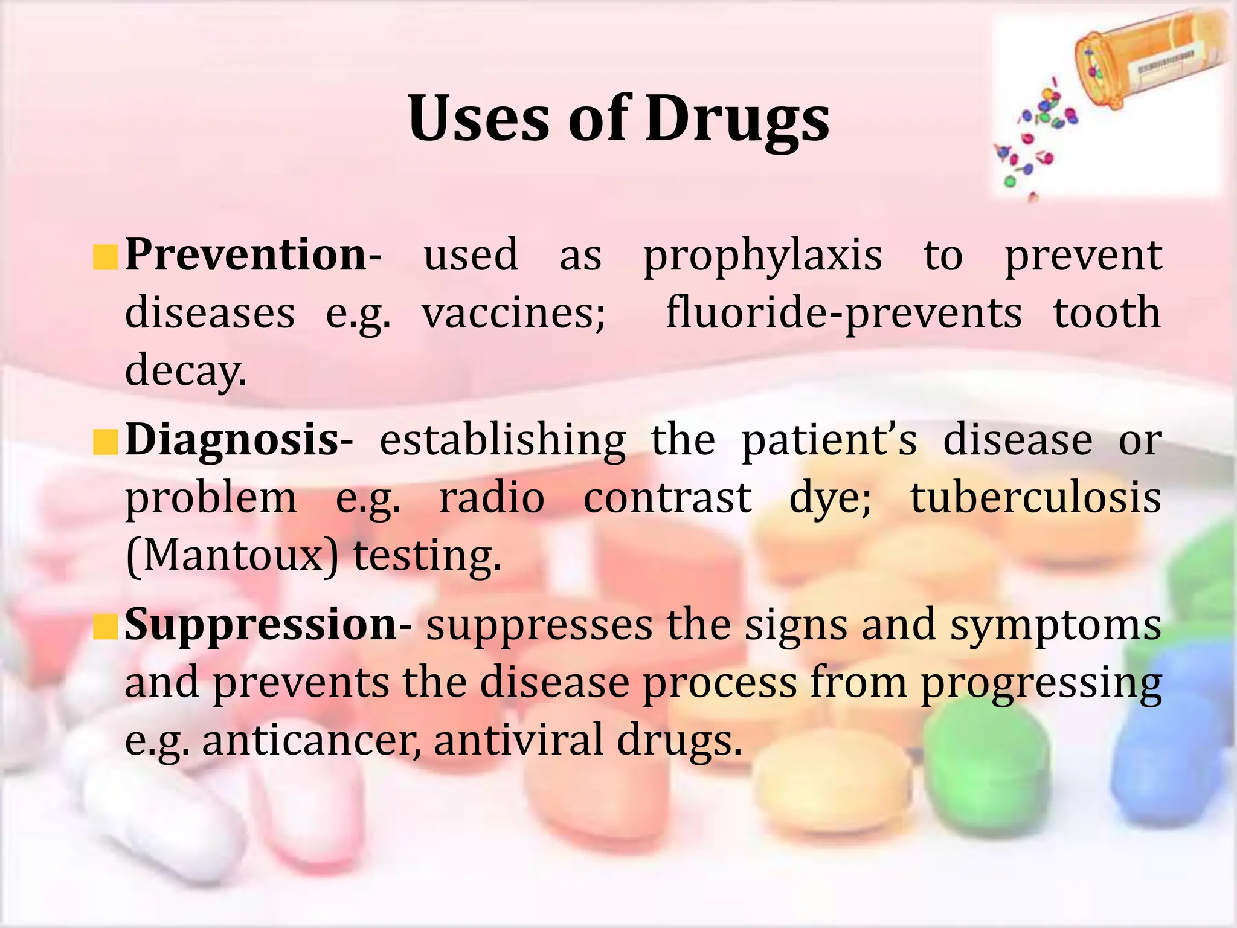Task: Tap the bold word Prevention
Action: pyautogui.click(x=245, y=254)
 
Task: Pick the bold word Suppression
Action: pyautogui.click(x=261, y=625)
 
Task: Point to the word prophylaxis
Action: pyautogui.click(x=762, y=257)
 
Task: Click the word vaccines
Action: pyautogui.click(x=513, y=314)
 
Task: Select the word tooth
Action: pyautogui.click(x=1107, y=313)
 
